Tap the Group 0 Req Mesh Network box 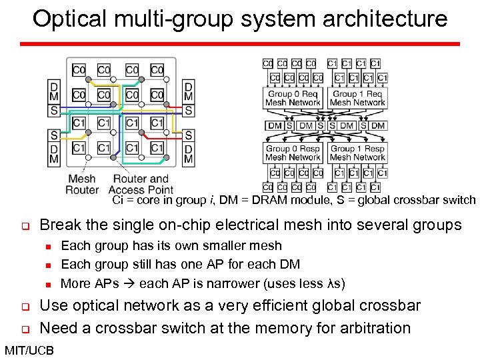(293, 99)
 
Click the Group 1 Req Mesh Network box (357, 99)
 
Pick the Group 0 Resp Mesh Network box (293, 153)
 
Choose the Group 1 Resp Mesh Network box (357, 153)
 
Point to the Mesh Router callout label (81, 185)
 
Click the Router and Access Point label (142, 185)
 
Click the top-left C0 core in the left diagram (79, 70)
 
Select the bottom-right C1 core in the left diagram (157, 148)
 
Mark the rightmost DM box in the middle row (378, 126)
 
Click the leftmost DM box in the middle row (275, 126)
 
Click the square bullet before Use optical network (23, 307)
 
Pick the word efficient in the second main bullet (279, 306)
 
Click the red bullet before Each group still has (49, 265)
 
